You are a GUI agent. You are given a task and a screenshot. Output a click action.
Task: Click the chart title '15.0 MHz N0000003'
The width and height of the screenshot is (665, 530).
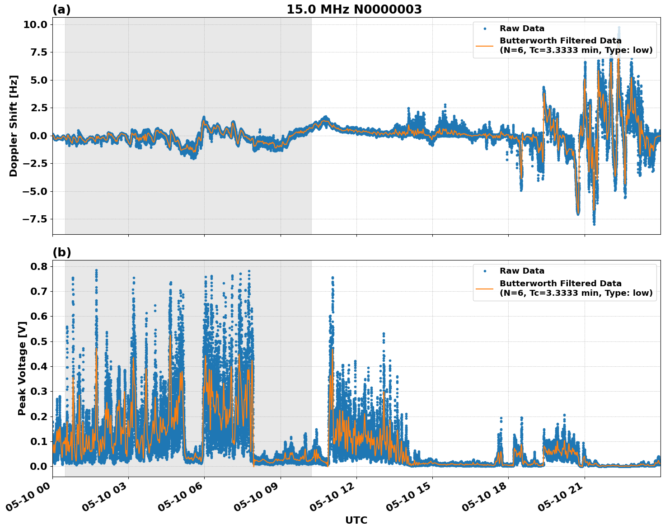pyautogui.click(x=354, y=9)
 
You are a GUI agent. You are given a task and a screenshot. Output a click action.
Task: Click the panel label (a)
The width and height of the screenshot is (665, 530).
pyautogui.click(x=61, y=9)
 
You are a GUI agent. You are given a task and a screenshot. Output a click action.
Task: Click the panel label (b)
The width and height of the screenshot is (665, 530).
pyautogui.click(x=61, y=253)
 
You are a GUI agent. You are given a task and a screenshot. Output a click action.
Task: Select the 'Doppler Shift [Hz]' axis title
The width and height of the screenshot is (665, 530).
pyautogui.click(x=14, y=126)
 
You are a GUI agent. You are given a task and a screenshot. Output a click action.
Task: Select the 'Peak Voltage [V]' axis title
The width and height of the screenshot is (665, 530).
pyautogui.click(x=22, y=368)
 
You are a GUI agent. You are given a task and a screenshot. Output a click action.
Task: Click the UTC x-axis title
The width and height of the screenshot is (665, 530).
pyautogui.click(x=356, y=520)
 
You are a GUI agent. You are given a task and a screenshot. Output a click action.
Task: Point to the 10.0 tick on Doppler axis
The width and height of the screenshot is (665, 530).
pyautogui.click(x=35, y=24)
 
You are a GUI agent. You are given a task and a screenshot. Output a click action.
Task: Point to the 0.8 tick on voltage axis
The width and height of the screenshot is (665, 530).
pyautogui.click(x=38, y=266)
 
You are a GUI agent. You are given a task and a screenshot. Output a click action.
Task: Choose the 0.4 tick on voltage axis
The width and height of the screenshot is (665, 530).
pyautogui.click(x=38, y=366)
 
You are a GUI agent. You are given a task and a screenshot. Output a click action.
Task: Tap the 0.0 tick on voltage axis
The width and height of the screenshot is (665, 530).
pyautogui.click(x=38, y=466)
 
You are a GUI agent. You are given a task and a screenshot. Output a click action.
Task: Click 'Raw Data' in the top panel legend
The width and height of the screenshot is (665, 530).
pyautogui.click(x=522, y=29)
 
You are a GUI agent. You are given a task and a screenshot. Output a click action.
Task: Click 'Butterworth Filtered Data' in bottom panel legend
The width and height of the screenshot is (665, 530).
pyautogui.click(x=560, y=284)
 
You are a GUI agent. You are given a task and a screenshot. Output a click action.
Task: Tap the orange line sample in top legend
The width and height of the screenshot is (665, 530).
pyautogui.click(x=484, y=46)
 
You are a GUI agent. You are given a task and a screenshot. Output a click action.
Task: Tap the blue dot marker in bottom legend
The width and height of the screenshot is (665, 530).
pyautogui.click(x=484, y=271)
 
